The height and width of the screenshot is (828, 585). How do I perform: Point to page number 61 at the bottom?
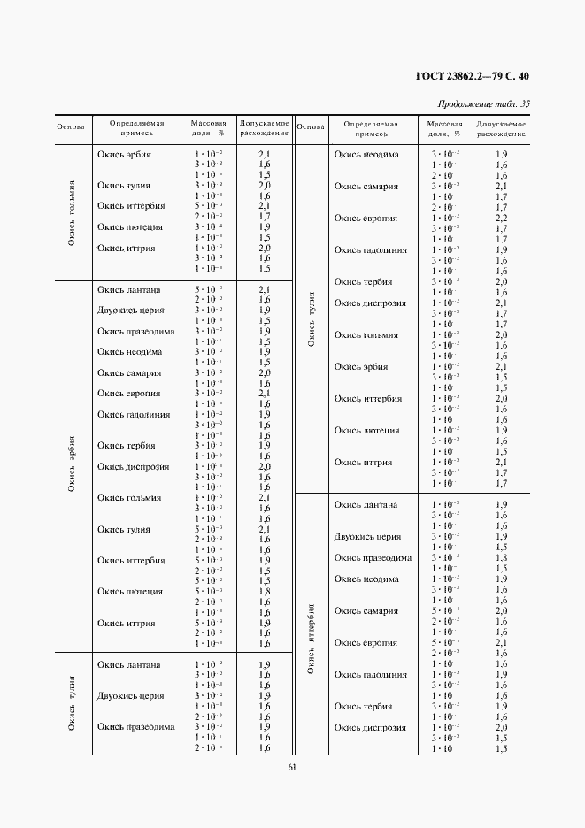pyautogui.click(x=292, y=767)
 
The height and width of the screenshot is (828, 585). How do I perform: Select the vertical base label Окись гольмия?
pyautogui.click(x=71, y=212)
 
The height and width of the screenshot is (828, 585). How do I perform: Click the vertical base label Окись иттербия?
pyautogui.click(x=311, y=639)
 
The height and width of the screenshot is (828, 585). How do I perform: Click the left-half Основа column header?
pyautogui.click(x=70, y=126)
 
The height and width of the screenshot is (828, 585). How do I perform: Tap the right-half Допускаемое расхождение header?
pyautogui.click(x=501, y=129)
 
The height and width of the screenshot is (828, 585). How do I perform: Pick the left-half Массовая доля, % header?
pyautogui.click(x=208, y=129)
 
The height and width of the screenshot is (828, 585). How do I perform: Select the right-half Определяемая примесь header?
pyautogui.click(x=371, y=129)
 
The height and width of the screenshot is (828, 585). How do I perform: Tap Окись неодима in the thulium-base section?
pyautogui.click(x=366, y=154)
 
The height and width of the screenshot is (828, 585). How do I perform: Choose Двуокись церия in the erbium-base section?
pyautogui.click(x=129, y=310)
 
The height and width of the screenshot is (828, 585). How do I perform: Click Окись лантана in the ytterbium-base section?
pyautogui.click(x=366, y=504)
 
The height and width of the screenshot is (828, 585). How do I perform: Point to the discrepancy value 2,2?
pyautogui.click(x=501, y=218)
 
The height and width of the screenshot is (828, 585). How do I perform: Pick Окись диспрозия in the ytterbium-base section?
pyautogui.click(x=370, y=727)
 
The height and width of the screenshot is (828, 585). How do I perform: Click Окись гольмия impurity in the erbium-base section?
pyautogui.click(x=129, y=498)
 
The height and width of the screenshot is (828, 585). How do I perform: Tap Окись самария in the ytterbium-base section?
pyautogui.click(x=366, y=610)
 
